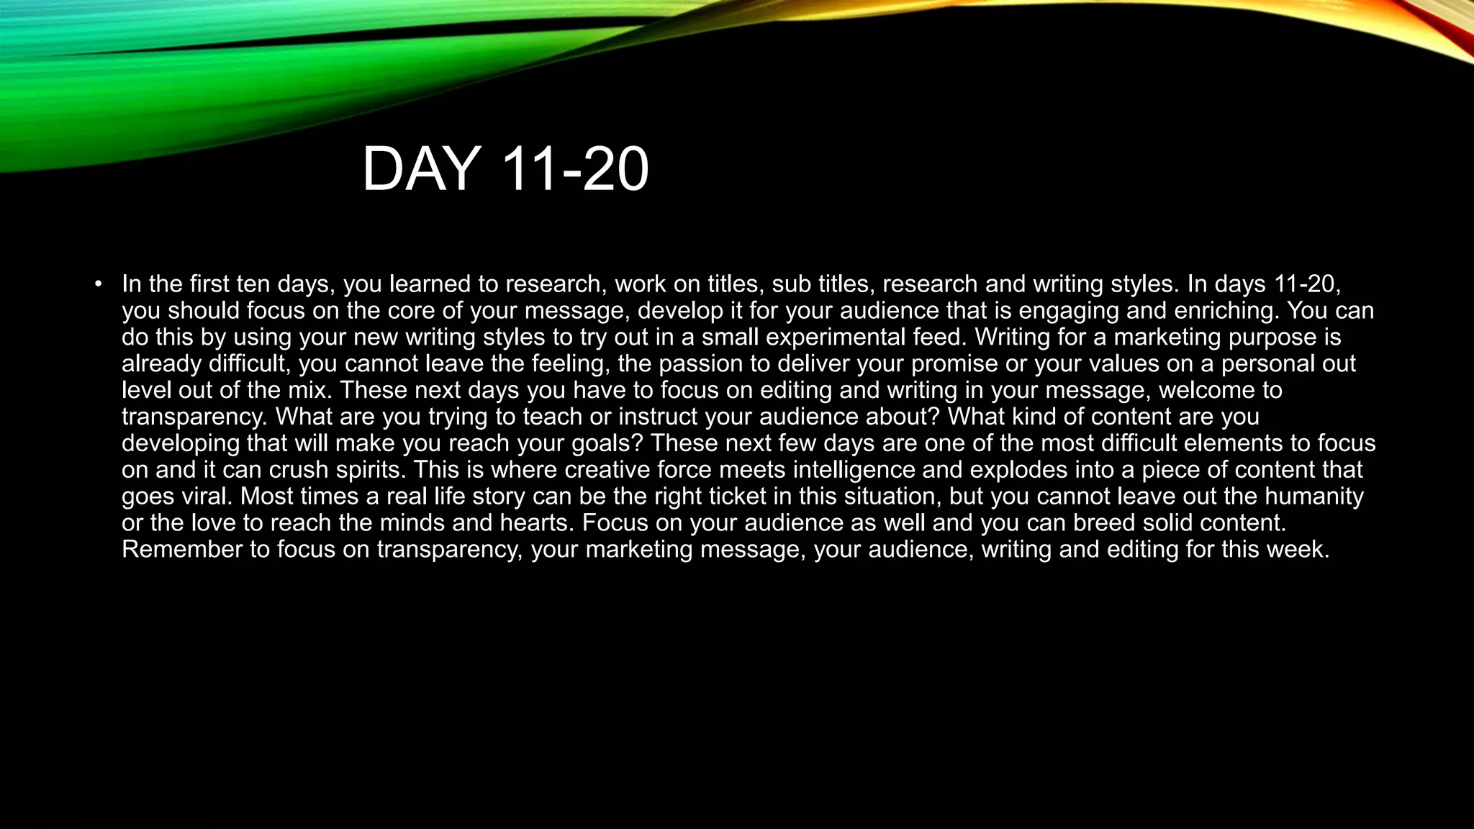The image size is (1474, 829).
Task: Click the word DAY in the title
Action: [421, 170]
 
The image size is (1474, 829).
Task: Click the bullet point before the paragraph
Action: [98, 284]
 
